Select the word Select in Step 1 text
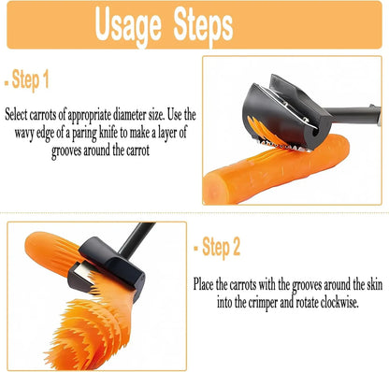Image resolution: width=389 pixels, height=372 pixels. tap(20, 115)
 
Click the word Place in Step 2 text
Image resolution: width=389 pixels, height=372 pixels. tap(207, 283)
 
